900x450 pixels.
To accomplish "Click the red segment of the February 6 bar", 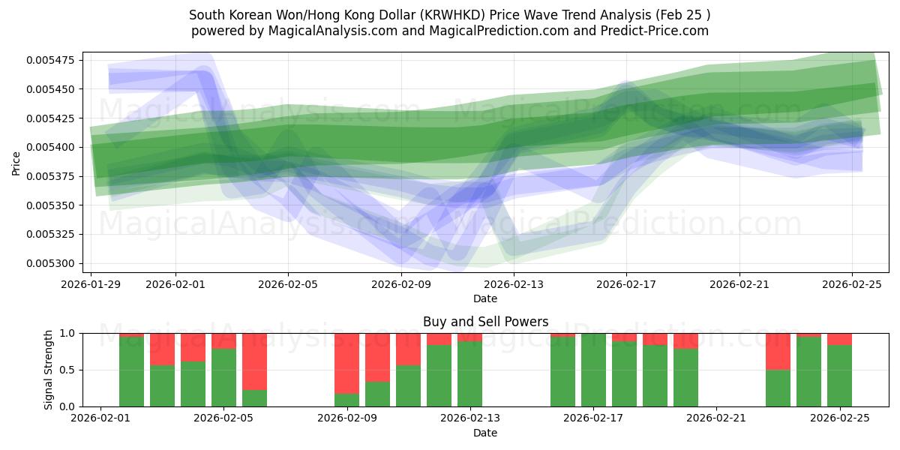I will tap(254, 361).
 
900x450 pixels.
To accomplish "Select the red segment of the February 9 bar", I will tap(346, 363).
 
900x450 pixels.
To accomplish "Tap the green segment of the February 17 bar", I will tap(593, 370).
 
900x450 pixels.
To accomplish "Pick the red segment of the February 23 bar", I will tap(778, 351).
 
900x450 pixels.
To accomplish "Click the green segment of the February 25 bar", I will tap(839, 376).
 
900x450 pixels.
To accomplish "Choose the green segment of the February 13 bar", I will tap(469, 374).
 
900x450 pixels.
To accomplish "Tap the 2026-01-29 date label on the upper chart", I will tap(91, 285).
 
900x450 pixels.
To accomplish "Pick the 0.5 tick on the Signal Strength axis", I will tap(66, 370).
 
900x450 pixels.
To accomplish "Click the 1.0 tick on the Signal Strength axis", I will tap(66, 333).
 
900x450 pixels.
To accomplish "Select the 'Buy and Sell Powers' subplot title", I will tap(485, 322).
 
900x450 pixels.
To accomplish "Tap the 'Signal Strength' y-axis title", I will tap(48, 370).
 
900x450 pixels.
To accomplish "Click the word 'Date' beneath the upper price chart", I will tap(485, 298).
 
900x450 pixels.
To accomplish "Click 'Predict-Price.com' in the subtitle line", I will tap(656, 31).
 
